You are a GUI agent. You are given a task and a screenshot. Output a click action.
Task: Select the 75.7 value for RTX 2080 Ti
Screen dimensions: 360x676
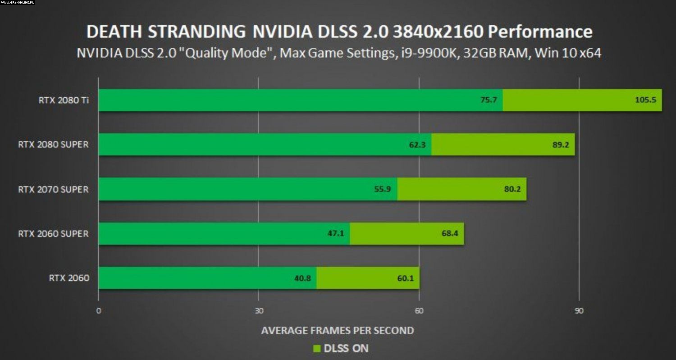pyautogui.click(x=488, y=100)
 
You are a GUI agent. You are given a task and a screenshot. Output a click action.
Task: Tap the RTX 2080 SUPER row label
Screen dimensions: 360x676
pyautogui.click(x=53, y=145)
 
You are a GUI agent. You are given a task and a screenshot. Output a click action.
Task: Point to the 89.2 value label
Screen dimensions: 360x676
pyautogui.click(x=558, y=145)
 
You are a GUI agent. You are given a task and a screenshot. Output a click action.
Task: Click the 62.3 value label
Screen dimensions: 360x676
pyautogui.click(x=417, y=145)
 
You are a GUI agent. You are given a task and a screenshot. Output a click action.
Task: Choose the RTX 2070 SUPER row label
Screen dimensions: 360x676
pyautogui.click(x=53, y=189)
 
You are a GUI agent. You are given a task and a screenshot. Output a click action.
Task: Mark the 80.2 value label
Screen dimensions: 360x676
pyautogui.click(x=512, y=189)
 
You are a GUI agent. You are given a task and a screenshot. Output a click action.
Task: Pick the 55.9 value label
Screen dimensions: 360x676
pyautogui.click(x=382, y=189)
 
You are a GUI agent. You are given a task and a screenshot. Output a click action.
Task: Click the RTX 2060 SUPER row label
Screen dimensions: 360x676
pyautogui.click(x=53, y=233)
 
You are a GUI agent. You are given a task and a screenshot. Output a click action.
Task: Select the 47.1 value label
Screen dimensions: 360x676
pyautogui.click(x=336, y=233)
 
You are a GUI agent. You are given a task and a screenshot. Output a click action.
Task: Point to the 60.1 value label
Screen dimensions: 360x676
pyautogui.click(x=405, y=278)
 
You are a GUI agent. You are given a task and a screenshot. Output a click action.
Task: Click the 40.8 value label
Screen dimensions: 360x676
pyautogui.click(x=302, y=278)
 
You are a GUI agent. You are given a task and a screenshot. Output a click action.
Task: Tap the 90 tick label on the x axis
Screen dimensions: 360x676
pyautogui.click(x=579, y=311)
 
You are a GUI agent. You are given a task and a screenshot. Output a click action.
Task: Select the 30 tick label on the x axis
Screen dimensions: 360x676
pyautogui.click(x=259, y=311)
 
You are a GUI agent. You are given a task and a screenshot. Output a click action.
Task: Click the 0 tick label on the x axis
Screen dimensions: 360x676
pyautogui.click(x=98, y=311)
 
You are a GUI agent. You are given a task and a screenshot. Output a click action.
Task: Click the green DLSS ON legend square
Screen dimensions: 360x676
pyautogui.click(x=316, y=348)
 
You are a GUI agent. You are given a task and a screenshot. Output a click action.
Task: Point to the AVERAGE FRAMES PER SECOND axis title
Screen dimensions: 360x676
pyautogui.click(x=338, y=330)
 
